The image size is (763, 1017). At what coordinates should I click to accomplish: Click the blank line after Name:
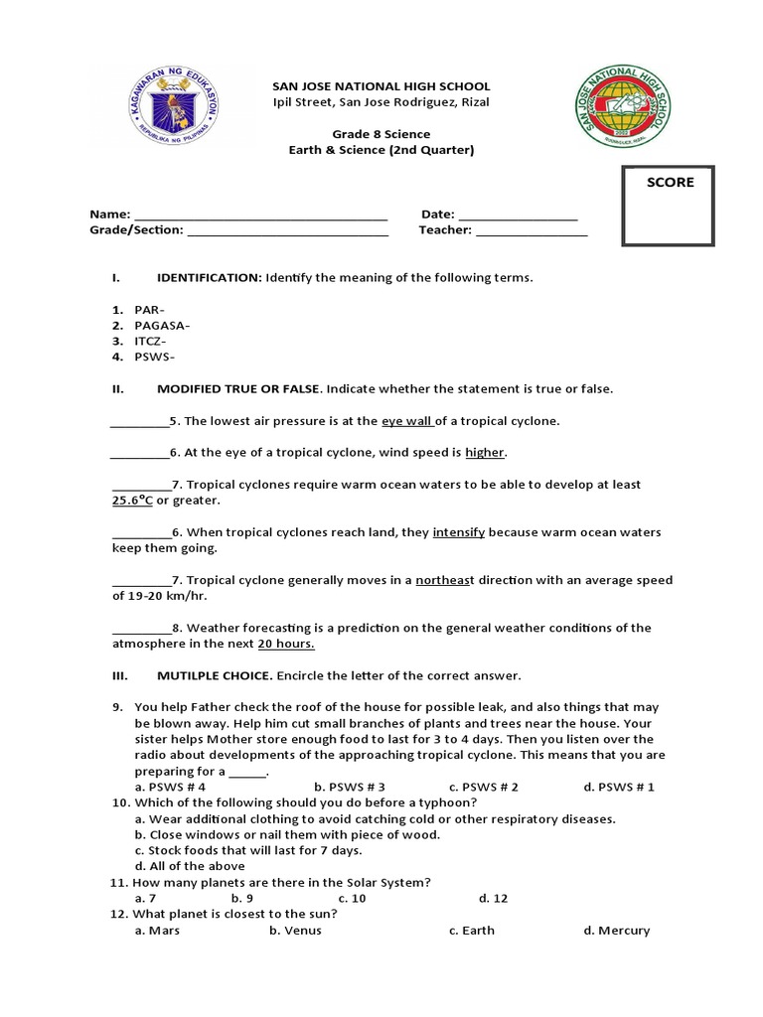(x=260, y=215)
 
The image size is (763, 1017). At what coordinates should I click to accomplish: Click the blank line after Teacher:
(x=532, y=230)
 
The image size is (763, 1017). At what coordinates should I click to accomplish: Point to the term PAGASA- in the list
(x=162, y=325)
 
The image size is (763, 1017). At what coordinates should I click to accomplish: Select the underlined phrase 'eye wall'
(x=407, y=421)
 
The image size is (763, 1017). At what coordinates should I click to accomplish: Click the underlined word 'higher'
(x=485, y=453)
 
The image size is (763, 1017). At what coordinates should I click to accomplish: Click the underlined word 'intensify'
(x=458, y=532)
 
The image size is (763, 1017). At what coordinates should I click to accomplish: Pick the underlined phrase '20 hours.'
(x=286, y=644)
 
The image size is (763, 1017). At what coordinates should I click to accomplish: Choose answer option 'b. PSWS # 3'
(x=349, y=787)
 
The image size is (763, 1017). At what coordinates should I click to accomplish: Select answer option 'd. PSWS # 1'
(x=619, y=787)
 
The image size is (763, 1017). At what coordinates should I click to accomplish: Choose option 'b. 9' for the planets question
(x=241, y=898)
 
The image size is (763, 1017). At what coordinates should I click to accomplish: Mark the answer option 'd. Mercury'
(x=616, y=931)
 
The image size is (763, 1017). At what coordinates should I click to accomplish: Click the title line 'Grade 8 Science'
(x=381, y=134)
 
